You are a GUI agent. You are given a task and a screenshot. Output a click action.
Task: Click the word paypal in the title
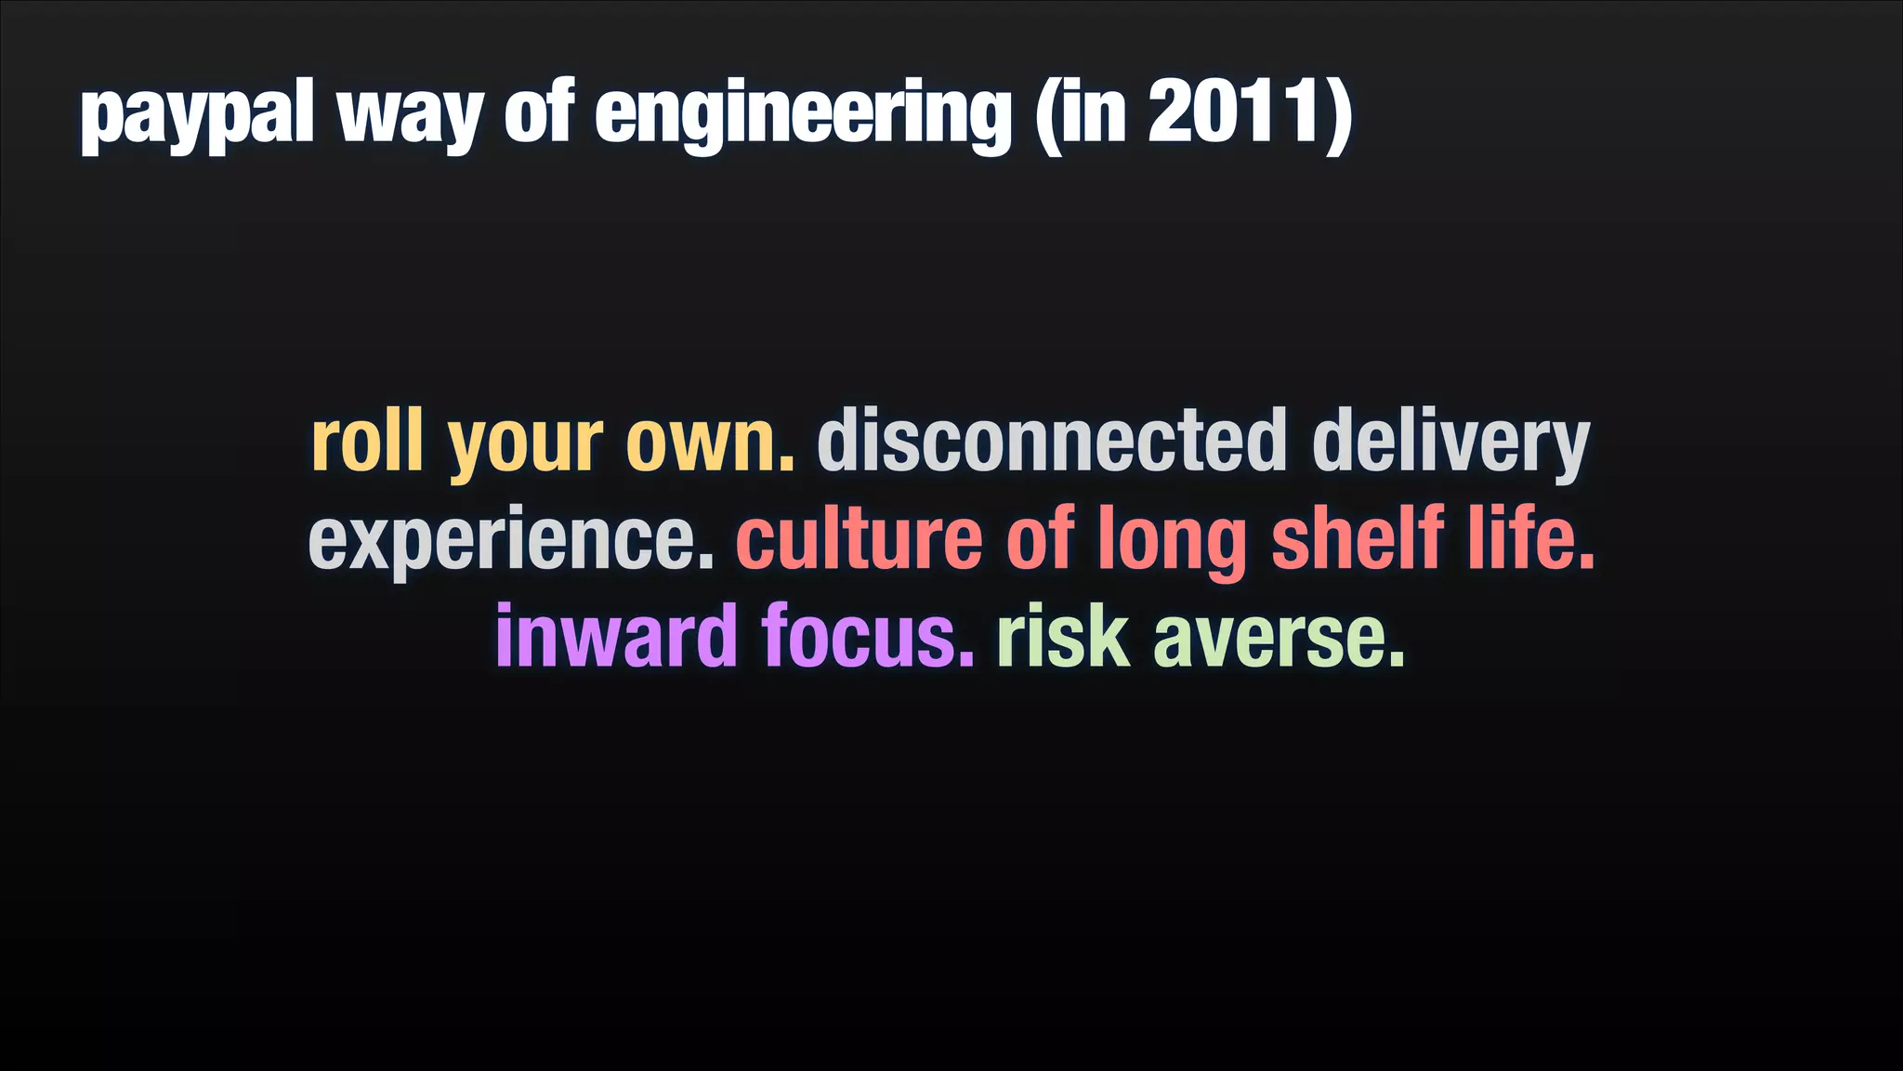[197, 115]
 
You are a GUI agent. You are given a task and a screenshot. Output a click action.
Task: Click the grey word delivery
[1450, 444]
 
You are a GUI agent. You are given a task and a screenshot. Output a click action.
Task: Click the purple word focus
[868, 638]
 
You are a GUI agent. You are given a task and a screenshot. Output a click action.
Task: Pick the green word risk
[1063, 638]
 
